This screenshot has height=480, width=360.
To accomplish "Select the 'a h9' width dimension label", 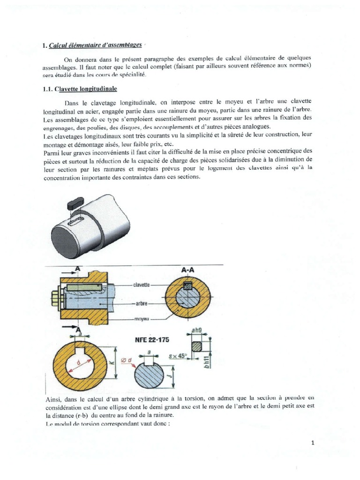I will pos(197,330).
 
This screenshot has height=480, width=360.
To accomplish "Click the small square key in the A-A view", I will pos(188,285).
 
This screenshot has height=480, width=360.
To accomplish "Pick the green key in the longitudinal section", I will pos(84,286).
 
